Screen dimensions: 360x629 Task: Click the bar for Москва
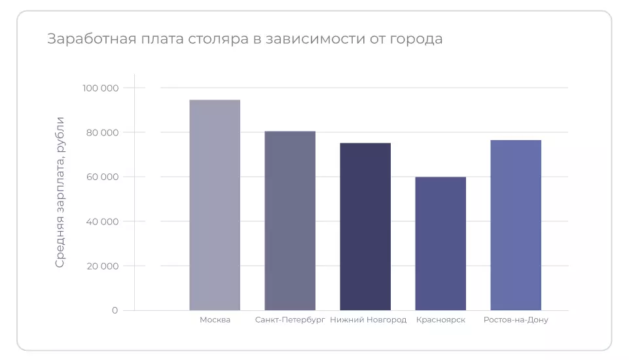pos(215,205)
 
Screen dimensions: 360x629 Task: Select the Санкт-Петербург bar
pos(290,221)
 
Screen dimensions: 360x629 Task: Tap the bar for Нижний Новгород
pos(365,226)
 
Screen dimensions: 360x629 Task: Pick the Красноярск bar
pos(440,243)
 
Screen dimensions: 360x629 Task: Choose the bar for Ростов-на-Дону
pos(516,225)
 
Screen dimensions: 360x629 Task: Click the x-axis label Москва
pos(215,320)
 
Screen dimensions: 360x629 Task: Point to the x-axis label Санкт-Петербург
pos(290,320)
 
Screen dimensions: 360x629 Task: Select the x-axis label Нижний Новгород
pos(368,320)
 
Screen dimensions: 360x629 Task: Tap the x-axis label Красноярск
pos(440,320)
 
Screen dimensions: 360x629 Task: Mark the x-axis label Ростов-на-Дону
pos(516,320)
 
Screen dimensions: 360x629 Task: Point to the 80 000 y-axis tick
pos(102,132)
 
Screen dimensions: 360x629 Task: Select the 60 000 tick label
pos(102,177)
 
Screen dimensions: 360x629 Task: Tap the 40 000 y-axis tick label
pos(102,221)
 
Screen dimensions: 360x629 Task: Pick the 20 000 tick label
pos(102,266)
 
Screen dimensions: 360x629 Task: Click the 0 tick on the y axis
pos(115,310)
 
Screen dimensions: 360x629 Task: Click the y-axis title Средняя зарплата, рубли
pos(60,192)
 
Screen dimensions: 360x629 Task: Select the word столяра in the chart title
pos(217,39)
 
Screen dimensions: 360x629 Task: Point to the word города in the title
pos(416,39)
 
